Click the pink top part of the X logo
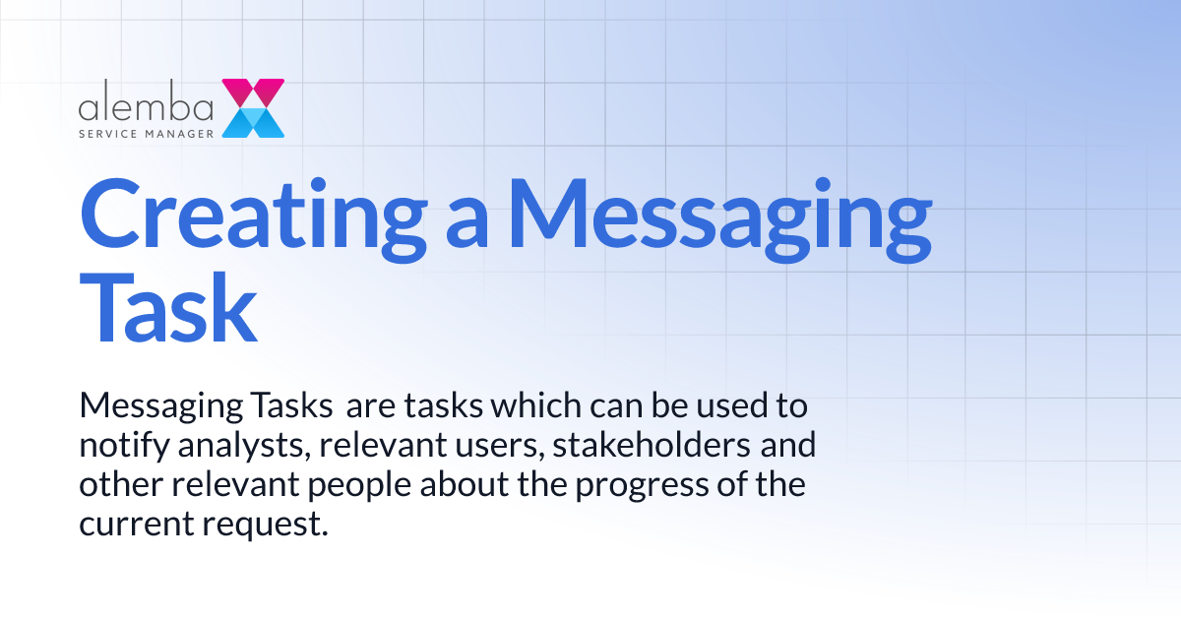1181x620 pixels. [253, 92]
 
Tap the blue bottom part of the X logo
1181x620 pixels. [253, 122]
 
